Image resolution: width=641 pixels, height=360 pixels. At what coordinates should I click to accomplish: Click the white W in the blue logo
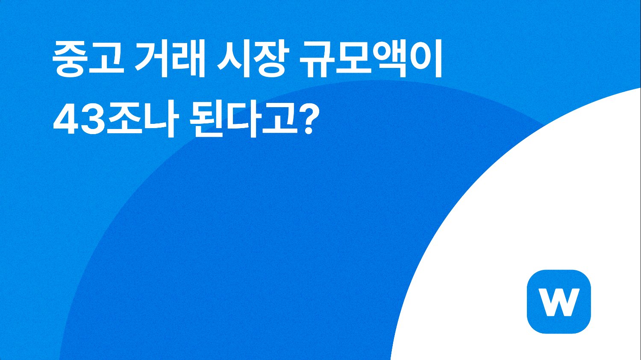pyautogui.click(x=559, y=302)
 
